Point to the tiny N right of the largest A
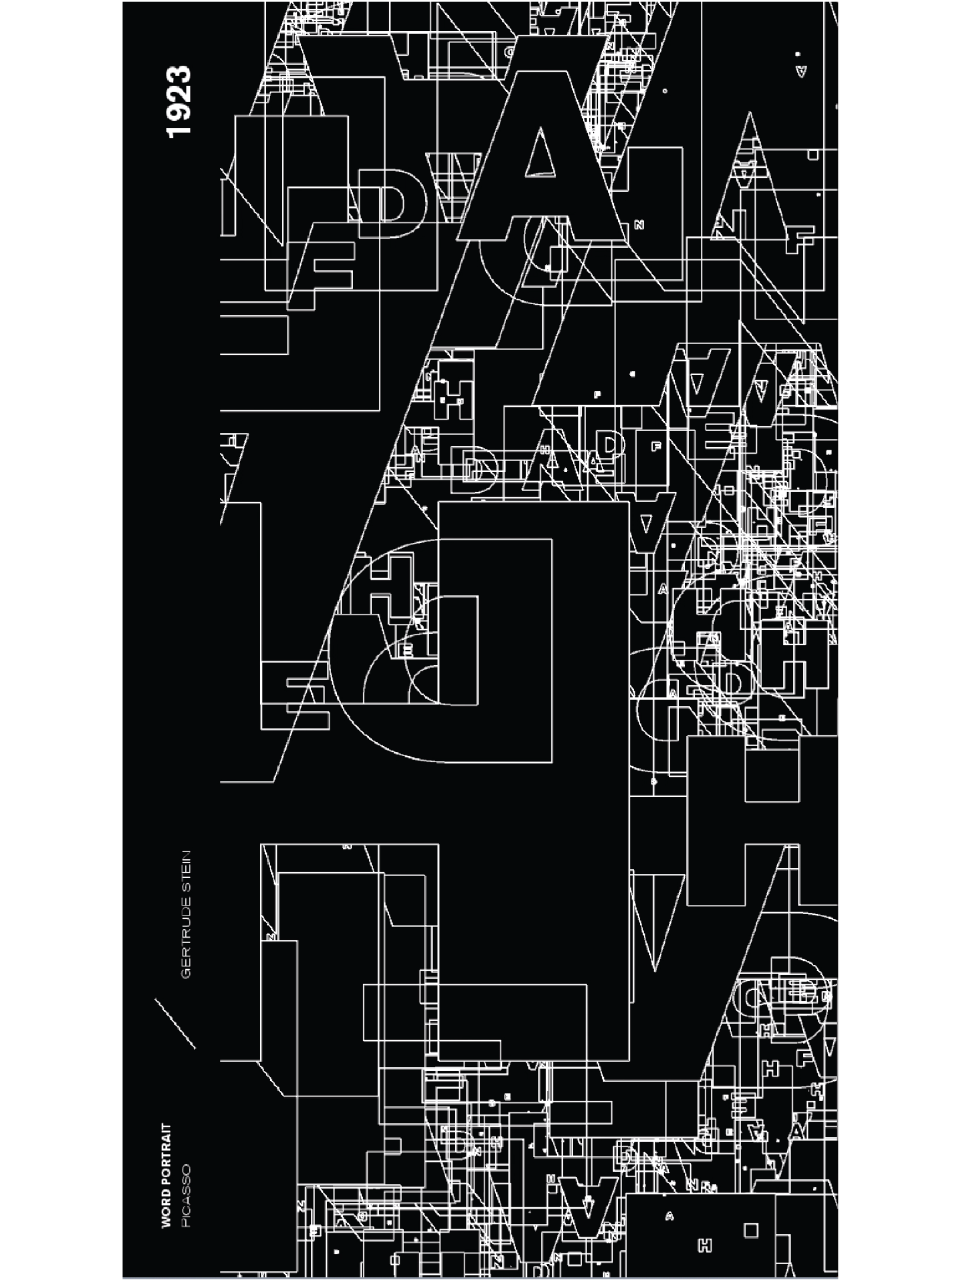pyautogui.click(x=639, y=226)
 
